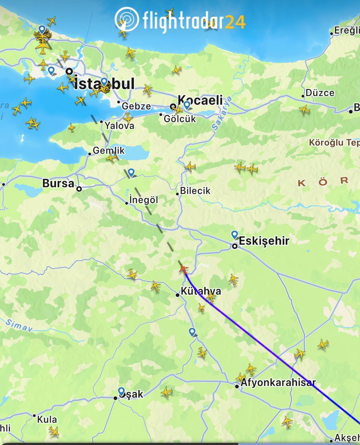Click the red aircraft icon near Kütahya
pos(183,268)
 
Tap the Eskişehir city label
pos(264,241)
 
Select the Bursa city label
pos(58,183)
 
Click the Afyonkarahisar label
pos(278,382)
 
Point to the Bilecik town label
pos(195,191)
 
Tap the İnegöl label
pos(144,200)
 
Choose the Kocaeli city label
pos(200,100)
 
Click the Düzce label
pos(320,93)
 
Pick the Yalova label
pos(119,126)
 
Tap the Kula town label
pos(47,419)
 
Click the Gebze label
pos(136,106)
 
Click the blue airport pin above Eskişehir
pos(234,234)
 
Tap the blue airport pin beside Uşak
pos(121,391)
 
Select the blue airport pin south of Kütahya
pos(192,332)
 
